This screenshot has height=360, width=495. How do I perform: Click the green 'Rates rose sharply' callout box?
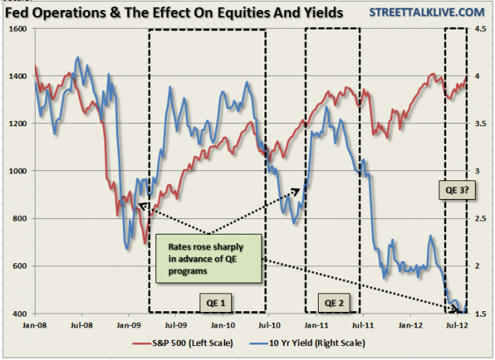point(209,257)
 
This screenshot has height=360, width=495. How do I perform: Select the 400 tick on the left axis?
point(16,314)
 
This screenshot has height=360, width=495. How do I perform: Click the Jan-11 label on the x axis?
point(313,324)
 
